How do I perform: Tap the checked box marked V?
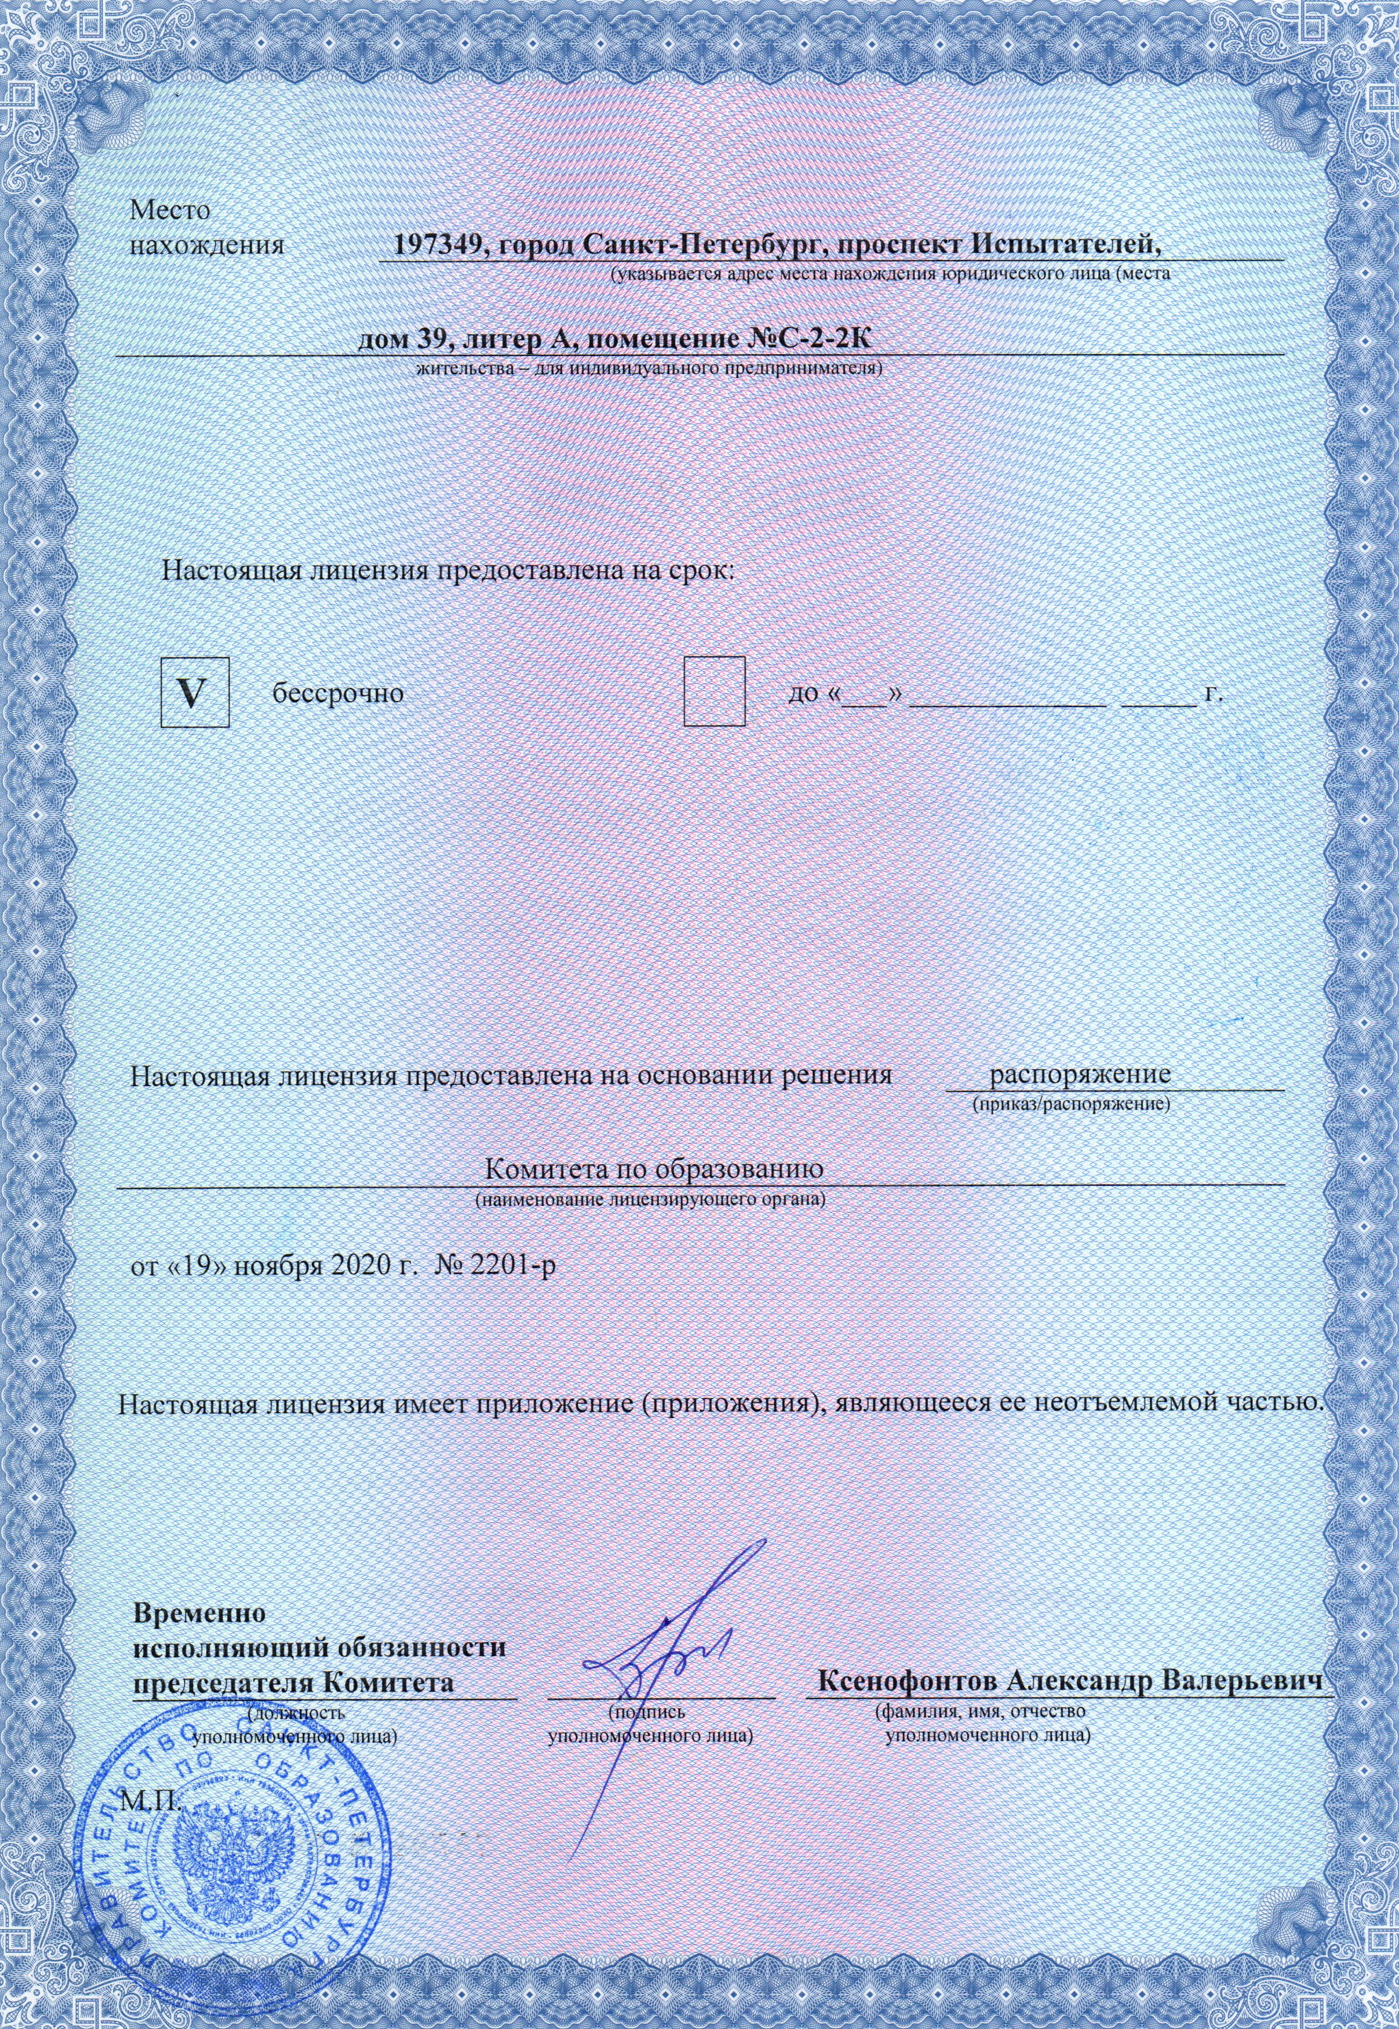pyautogui.click(x=195, y=693)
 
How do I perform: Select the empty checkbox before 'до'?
pyautogui.click(x=714, y=691)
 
